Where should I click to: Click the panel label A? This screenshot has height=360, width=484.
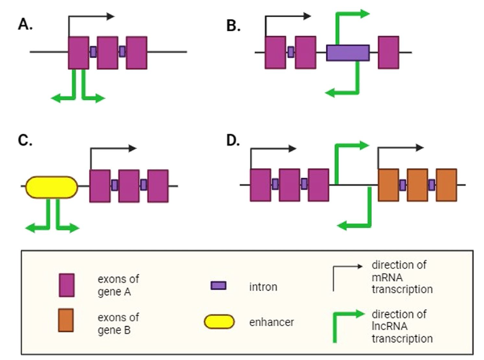pos(25,24)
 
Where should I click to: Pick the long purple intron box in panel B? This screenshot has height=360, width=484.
pos(347,52)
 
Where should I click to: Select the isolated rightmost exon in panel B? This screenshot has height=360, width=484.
pos(388,52)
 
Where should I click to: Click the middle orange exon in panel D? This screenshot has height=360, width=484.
pos(417,185)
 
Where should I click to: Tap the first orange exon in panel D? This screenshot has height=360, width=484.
pos(388,185)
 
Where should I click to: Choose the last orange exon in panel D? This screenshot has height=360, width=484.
pos(446,185)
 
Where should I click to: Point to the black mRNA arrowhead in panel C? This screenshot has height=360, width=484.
pos(133,148)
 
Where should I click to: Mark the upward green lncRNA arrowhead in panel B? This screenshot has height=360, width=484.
pos(364,13)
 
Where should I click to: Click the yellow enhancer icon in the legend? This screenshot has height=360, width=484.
pos(219,322)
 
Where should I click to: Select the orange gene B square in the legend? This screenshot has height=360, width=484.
pos(66,320)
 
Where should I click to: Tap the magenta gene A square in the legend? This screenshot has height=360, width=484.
pos(67,285)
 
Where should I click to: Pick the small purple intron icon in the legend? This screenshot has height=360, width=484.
pos(219,286)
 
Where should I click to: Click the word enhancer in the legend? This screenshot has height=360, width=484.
pos(271,322)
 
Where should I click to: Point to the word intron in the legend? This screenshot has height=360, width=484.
pos(263,287)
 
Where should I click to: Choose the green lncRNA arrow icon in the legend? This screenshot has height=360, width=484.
pos(348,326)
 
